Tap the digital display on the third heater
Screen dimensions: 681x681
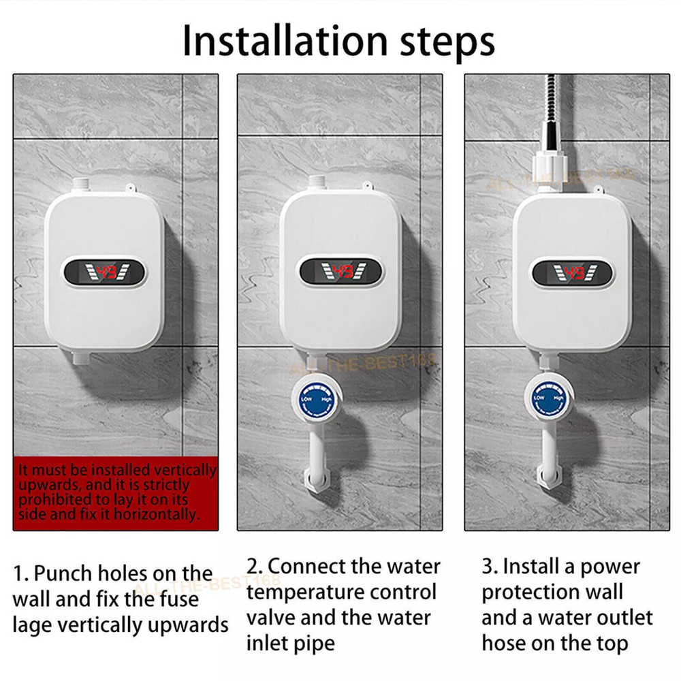click(x=574, y=273)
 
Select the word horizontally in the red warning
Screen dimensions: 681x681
click(x=157, y=514)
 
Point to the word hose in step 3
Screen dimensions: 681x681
click(x=503, y=642)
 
